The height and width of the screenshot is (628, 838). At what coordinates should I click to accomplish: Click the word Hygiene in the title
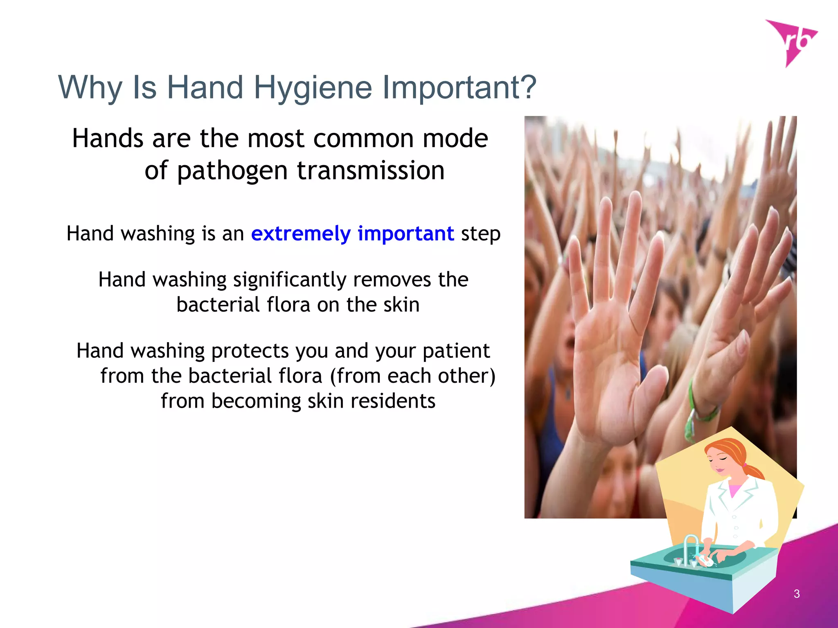[x=313, y=87]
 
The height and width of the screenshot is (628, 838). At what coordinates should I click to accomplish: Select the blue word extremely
[x=301, y=234]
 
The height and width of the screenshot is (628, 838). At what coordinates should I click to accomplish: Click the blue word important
[x=405, y=234]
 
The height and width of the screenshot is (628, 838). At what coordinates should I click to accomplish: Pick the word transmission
[x=370, y=170]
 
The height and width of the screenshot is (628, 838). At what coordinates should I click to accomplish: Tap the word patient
[x=456, y=351]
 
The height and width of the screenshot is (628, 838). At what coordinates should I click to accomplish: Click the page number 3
[x=796, y=594]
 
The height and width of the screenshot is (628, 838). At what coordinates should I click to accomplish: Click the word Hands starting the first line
[x=108, y=138]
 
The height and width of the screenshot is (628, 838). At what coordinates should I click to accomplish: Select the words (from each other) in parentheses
[x=412, y=376]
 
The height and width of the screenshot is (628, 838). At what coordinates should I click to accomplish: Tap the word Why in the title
[x=90, y=87]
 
